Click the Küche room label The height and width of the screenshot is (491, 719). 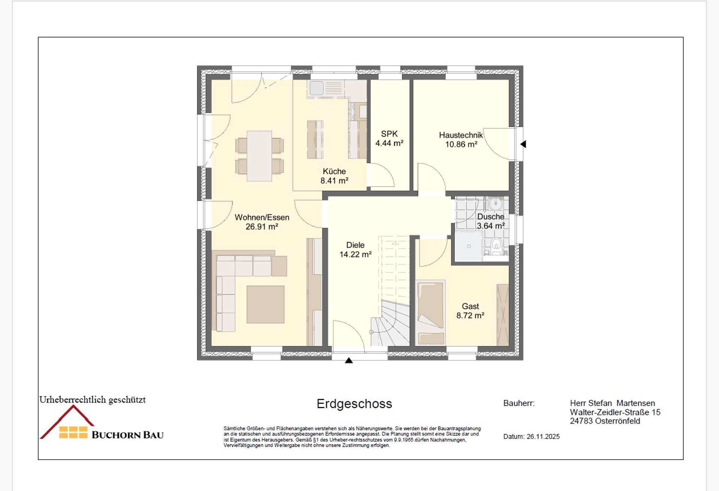coord(334,176)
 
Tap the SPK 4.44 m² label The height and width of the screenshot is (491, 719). coord(389,139)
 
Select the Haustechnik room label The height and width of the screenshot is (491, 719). coord(461,140)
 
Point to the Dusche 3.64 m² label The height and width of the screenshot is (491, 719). coord(490,221)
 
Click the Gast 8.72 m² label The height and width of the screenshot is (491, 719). coord(470,311)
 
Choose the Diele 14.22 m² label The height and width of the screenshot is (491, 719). coord(355,250)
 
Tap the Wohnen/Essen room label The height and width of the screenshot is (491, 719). coord(262,222)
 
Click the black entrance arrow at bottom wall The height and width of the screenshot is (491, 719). coord(349,361)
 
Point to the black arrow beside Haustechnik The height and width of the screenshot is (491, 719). coord(523,144)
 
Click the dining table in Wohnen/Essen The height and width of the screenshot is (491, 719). coord(259,156)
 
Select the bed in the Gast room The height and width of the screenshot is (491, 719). coord(430,312)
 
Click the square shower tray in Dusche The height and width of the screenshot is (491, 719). coord(468,246)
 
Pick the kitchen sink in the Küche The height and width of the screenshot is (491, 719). coord(316,88)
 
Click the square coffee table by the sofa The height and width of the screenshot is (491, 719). coord(265,304)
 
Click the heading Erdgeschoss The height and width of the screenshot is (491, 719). coord(354,404)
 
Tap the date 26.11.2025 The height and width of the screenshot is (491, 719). coord(543,437)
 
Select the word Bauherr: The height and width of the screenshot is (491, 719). coord(519,403)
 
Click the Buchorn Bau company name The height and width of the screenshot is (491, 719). coord(127,435)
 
